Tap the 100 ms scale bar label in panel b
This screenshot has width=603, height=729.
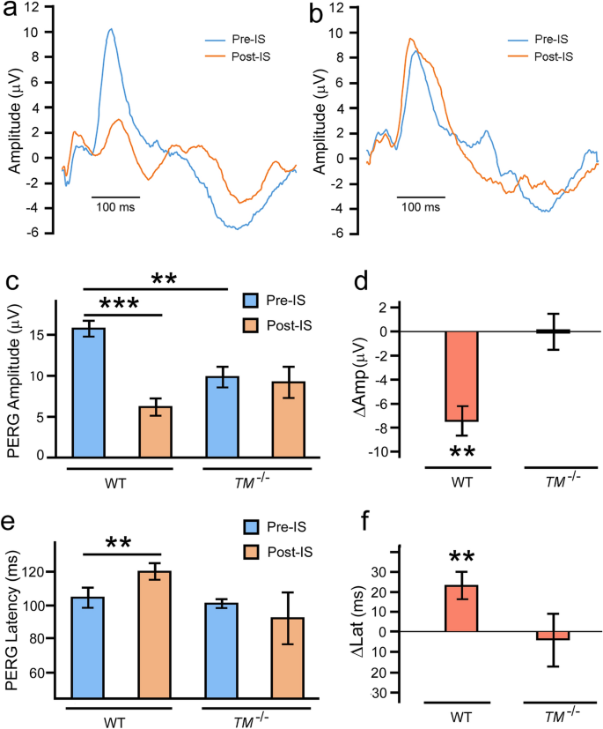(x=418, y=208)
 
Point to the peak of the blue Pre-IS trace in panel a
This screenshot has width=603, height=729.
(x=111, y=29)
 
